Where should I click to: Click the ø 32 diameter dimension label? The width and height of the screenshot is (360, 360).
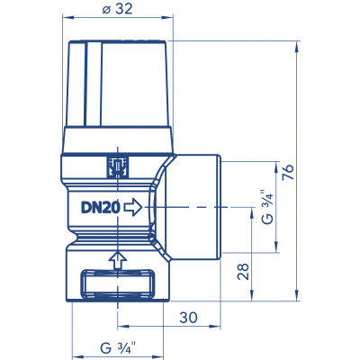click(x=117, y=9)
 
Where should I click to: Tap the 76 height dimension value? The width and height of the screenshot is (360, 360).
click(x=289, y=172)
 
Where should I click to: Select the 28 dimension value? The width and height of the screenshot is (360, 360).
click(x=243, y=272)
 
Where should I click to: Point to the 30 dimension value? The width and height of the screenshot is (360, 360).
click(x=188, y=318)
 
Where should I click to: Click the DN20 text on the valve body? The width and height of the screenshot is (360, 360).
click(x=101, y=207)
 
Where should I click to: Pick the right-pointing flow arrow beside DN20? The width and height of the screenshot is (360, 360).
click(x=133, y=207)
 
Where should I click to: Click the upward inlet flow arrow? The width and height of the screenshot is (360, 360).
click(x=118, y=260)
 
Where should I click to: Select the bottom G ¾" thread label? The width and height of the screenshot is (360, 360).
click(x=118, y=348)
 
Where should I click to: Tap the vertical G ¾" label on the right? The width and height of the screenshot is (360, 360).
click(x=267, y=207)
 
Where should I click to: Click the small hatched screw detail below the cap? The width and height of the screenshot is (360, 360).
click(x=118, y=167)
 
